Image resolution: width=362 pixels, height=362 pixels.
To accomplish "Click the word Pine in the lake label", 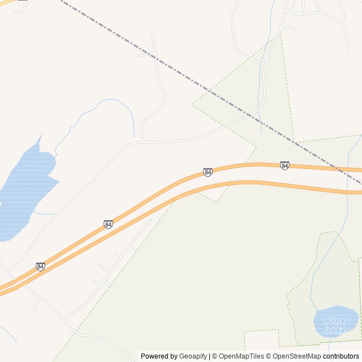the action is [x=335, y=320].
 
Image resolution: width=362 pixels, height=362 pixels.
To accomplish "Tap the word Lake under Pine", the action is [x=335, y=329].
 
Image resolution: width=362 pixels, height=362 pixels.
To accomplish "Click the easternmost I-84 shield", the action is [x=285, y=166].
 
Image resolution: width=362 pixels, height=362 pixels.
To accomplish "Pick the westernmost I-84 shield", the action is [x=40, y=266].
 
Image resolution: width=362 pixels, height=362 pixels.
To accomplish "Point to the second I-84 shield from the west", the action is [x=108, y=225].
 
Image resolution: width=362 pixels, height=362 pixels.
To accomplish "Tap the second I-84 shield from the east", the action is [x=208, y=172].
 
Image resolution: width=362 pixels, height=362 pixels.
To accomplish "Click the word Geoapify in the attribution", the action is [x=193, y=356].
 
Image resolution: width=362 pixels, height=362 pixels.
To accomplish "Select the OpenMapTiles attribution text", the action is [x=241, y=356].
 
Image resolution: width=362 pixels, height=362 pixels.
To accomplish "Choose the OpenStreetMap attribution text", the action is [x=296, y=356].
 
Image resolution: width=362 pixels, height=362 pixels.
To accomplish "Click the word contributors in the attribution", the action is [x=341, y=356].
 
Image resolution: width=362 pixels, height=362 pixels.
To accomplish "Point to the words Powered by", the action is [x=159, y=356].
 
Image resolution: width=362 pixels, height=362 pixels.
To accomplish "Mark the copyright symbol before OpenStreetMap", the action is [x=269, y=356].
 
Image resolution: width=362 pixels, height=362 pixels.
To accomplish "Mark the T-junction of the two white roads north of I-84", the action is [x=143, y=141].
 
